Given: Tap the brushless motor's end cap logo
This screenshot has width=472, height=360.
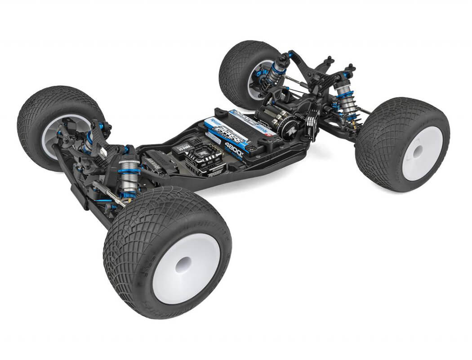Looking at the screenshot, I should pyautogui.click(x=288, y=127).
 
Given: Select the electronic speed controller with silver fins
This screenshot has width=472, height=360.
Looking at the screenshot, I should pyautogui.click(x=207, y=160).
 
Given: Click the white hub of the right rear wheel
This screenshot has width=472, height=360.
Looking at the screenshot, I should pyautogui.click(x=422, y=153).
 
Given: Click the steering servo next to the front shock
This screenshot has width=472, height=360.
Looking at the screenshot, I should pyautogui.click(x=153, y=162).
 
